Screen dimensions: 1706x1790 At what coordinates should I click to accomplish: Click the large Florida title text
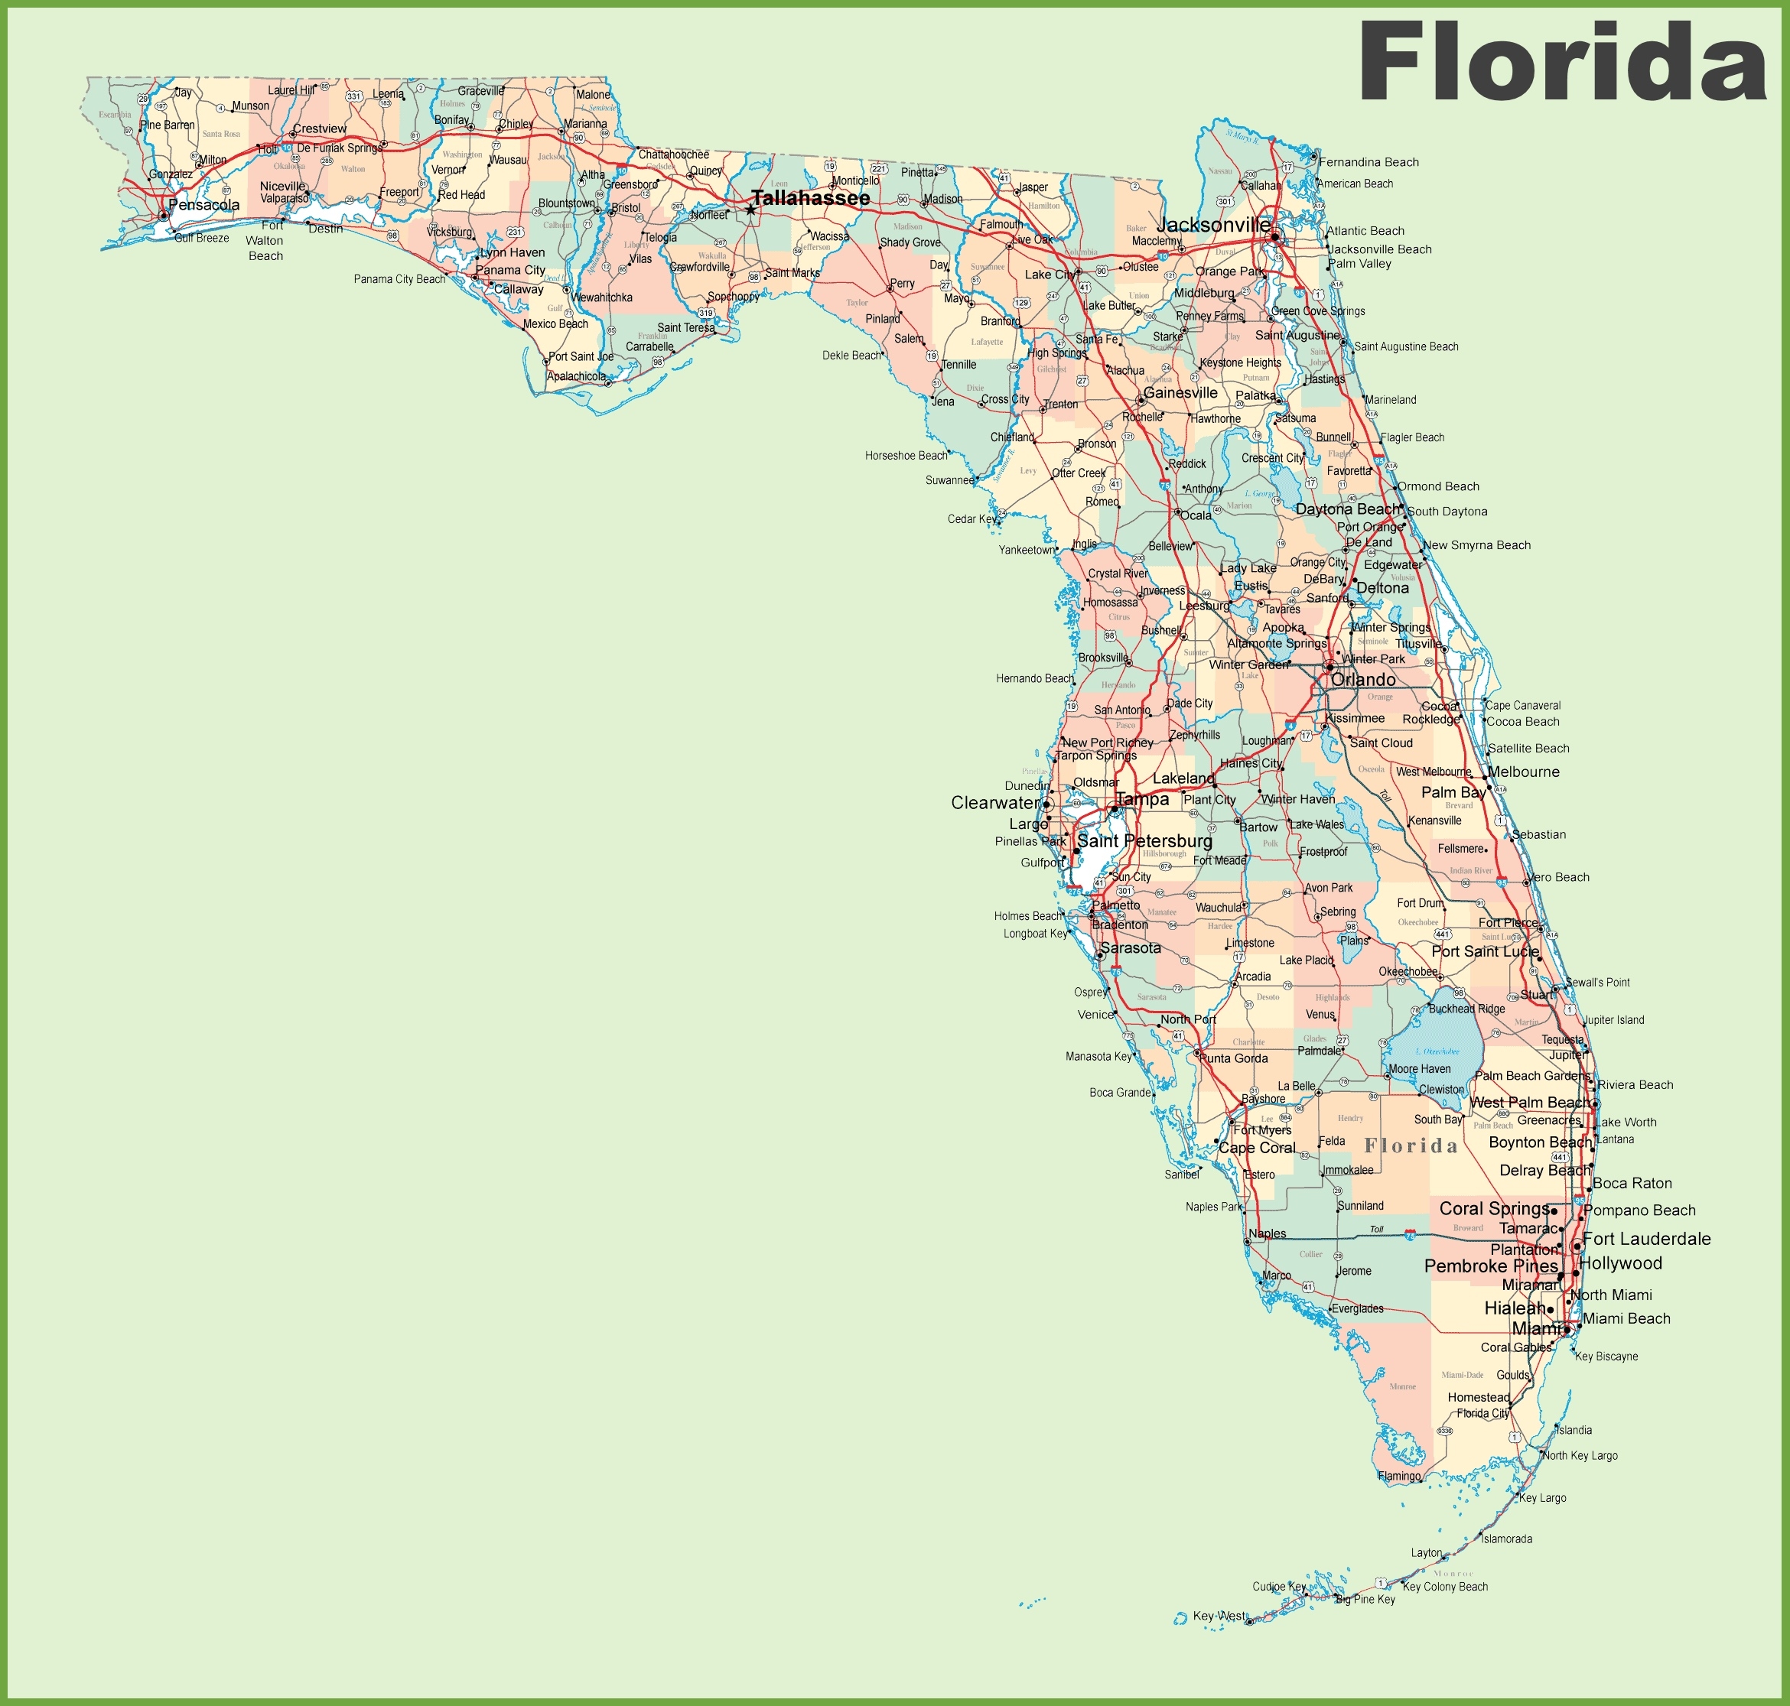click(x=1561, y=62)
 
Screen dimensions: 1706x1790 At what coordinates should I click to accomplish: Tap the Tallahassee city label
click(x=810, y=198)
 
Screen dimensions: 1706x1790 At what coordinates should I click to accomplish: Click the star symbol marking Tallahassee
click(x=750, y=210)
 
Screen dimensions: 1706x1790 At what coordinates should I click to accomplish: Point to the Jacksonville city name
click(x=1213, y=225)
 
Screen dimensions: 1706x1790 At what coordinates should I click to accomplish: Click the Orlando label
click(x=1362, y=679)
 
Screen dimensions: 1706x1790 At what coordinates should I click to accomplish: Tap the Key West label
click(x=1219, y=1615)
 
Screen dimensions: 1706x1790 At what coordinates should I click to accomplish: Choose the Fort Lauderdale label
click(x=1646, y=1239)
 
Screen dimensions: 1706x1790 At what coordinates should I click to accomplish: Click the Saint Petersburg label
click(x=1144, y=841)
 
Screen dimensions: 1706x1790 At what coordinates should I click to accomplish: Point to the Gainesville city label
click(x=1180, y=393)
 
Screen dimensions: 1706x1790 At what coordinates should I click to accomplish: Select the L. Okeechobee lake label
click(x=1437, y=1051)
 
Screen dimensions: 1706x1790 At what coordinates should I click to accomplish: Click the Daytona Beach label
click(x=1348, y=509)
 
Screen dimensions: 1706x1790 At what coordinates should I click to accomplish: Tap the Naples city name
click(x=1267, y=1234)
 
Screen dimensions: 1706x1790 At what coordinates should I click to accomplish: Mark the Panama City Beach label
click(x=399, y=279)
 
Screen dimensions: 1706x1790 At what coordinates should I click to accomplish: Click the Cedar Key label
click(x=972, y=519)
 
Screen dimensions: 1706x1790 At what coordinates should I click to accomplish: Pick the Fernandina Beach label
click(x=1369, y=163)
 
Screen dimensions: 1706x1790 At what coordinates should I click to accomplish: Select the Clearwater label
click(x=994, y=803)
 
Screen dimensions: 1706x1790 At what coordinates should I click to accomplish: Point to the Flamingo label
click(x=1399, y=1476)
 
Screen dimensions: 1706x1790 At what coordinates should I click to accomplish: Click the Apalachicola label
click(x=576, y=376)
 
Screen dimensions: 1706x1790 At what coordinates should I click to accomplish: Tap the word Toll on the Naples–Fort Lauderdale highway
click(x=1376, y=1230)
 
